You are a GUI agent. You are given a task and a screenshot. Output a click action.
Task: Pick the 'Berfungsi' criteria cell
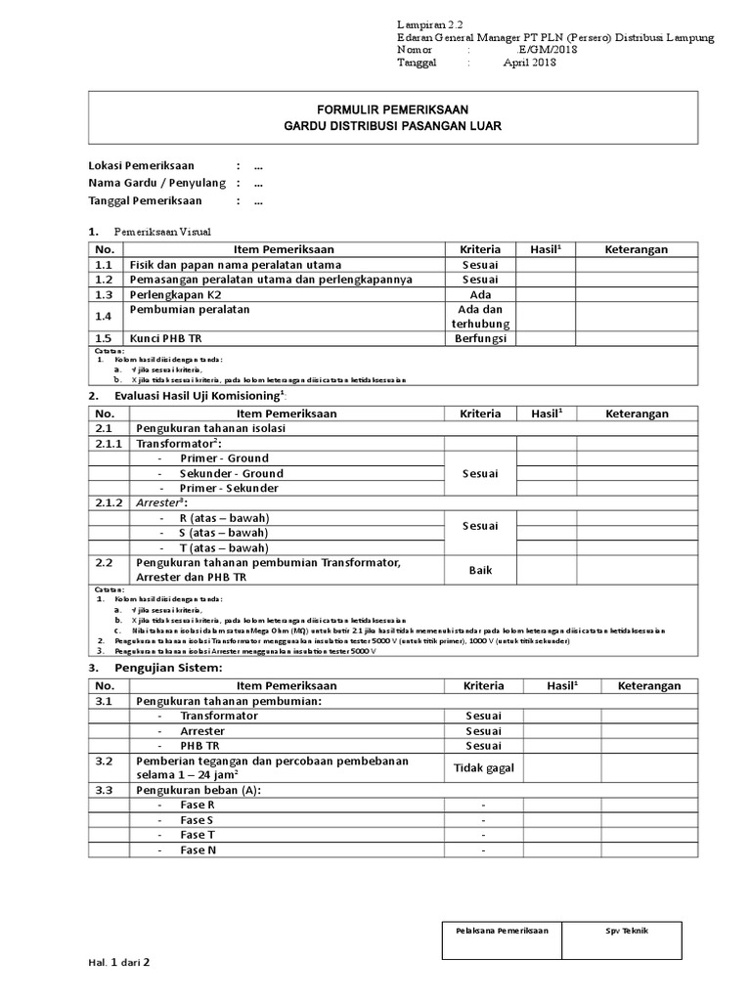pos(480,338)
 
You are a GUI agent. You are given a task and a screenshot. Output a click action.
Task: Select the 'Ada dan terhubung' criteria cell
pos(480,316)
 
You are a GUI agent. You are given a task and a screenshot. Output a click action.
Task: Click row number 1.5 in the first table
pos(104,338)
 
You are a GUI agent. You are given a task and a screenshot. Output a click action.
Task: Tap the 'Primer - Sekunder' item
pos(229,488)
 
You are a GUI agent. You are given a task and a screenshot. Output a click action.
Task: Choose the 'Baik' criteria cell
pos(480,570)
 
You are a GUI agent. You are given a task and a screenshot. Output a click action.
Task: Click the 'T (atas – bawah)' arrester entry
pos(223,547)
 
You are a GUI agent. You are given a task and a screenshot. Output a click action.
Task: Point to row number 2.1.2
pos(109,502)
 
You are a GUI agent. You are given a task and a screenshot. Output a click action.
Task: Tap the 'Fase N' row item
pos(198,850)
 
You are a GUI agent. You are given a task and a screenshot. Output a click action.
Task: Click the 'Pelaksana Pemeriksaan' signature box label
pos(503,930)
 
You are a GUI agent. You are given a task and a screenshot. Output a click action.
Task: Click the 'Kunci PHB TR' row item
pos(169,338)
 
